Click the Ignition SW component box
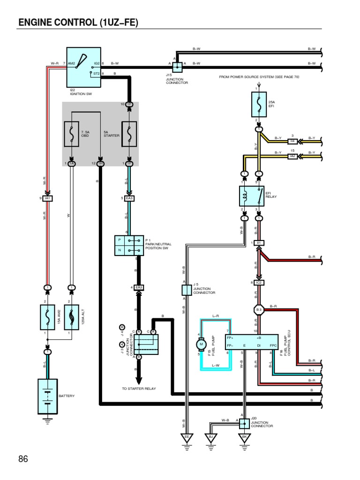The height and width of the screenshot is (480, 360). pyautogui.click(x=83, y=67)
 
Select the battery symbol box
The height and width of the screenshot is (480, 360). pyautogui.click(x=47, y=396)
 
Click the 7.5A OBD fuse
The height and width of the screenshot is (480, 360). pyautogui.click(x=71, y=134)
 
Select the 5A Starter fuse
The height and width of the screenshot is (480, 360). pyautogui.click(x=129, y=134)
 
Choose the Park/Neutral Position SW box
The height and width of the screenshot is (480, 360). pyautogui.click(x=129, y=246)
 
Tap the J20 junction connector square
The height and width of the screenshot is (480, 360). pyautogui.click(x=244, y=424)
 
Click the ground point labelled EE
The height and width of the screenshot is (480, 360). pyautogui.click(x=187, y=438)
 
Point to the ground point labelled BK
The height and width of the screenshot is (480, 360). pyautogui.click(x=244, y=438)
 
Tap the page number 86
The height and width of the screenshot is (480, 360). pyautogui.click(x=23, y=459)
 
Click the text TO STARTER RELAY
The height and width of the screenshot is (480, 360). pyautogui.click(x=139, y=389)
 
